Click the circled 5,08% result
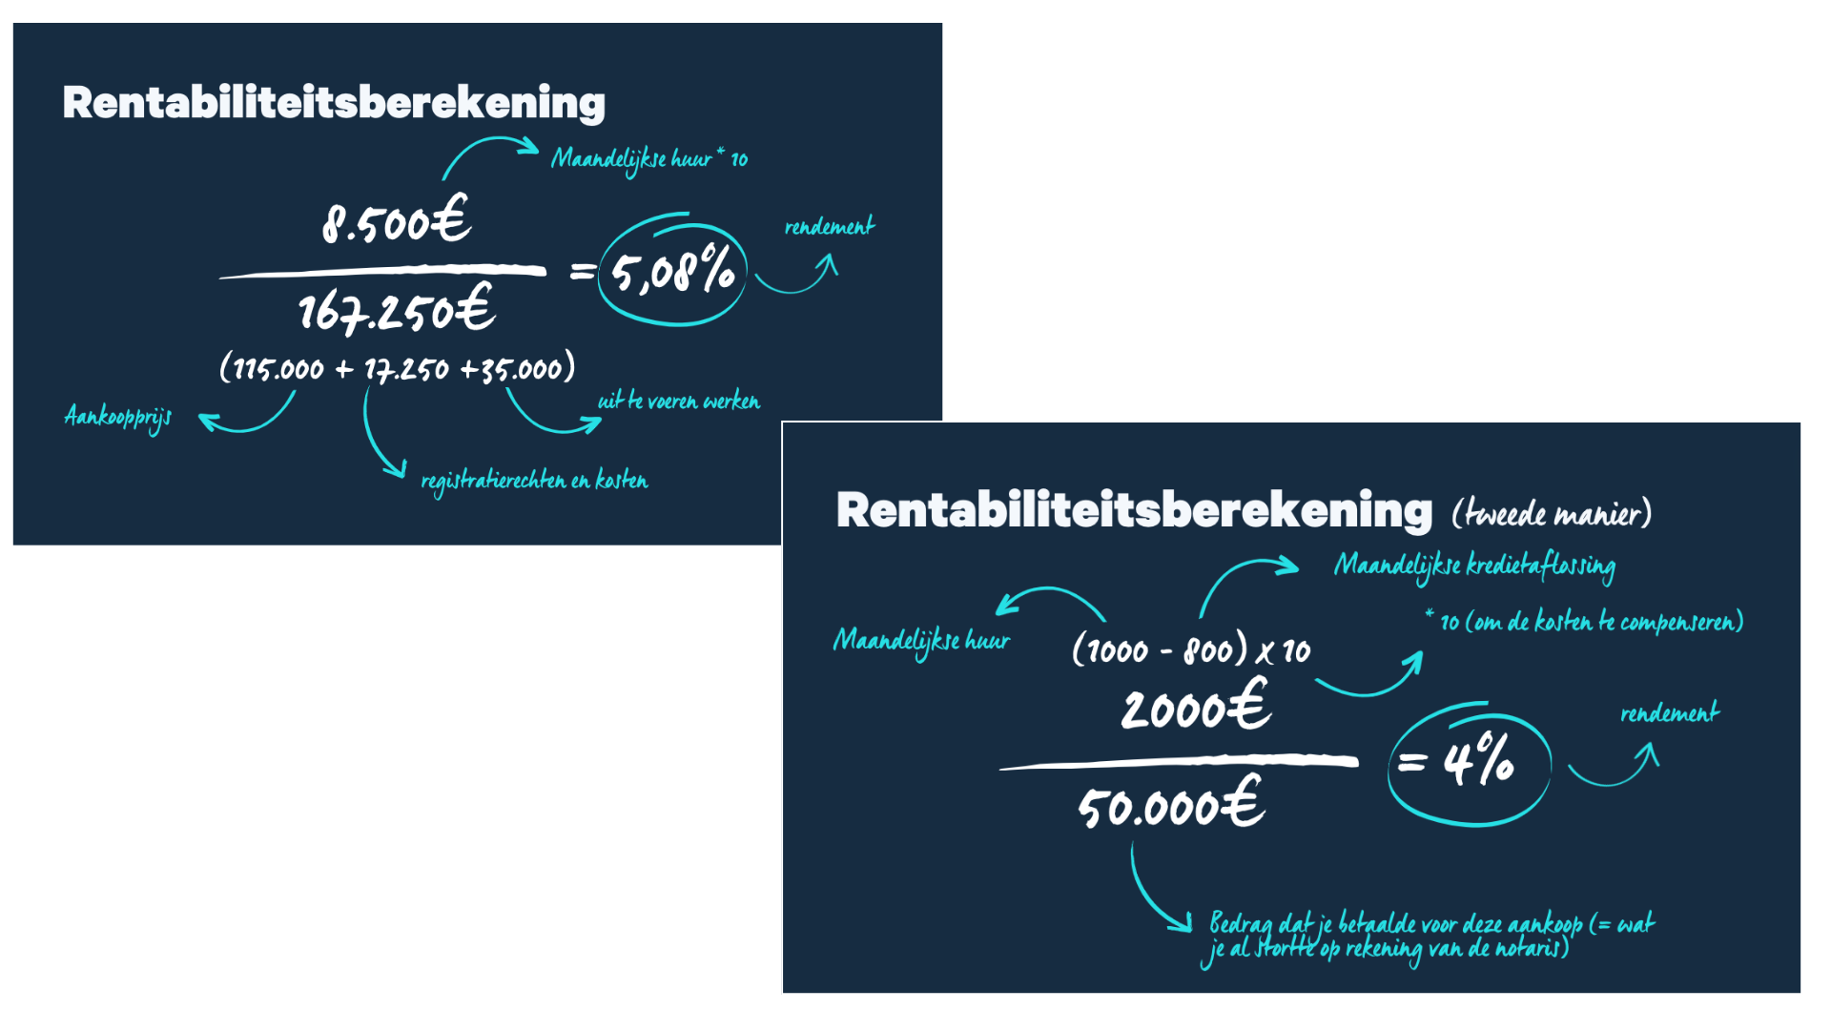tap(672, 271)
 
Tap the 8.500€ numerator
tap(397, 219)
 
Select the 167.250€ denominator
tap(397, 309)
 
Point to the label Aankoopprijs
tap(118, 417)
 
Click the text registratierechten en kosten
tap(534, 481)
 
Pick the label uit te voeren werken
tap(679, 402)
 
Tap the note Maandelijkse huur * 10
tap(649, 159)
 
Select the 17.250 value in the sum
tap(406, 368)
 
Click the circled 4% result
tap(1470, 764)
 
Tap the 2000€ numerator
tap(1196, 707)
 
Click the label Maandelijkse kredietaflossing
tap(1474, 566)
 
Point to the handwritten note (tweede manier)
tap(1552, 513)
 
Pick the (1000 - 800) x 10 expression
tap(1191, 649)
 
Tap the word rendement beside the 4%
tap(1670, 712)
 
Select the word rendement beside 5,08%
tap(830, 226)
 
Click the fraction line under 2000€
tap(1179, 762)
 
